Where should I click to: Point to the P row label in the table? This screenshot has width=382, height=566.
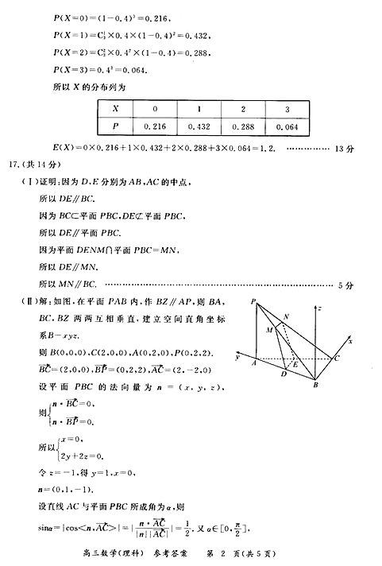pyautogui.click(x=116, y=126)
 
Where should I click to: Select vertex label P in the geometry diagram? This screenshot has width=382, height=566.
pyautogui.click(x=252, y=302)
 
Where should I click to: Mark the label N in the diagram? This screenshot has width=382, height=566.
pyautogui.click(x=286, y=316)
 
